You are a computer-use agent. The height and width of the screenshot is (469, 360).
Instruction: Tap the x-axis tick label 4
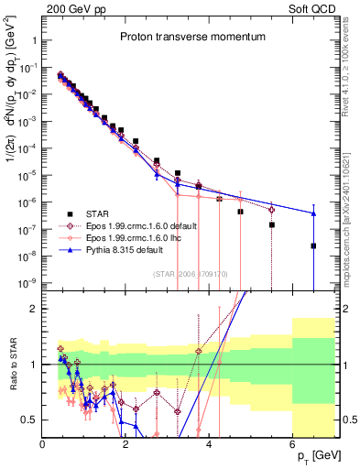(x=210, y=444)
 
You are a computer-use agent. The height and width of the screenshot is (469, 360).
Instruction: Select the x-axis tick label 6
(x=292, y=444)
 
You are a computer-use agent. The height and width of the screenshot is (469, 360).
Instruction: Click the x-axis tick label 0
(x=43, y=444)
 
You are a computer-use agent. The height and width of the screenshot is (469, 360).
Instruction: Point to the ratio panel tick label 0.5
(x=29, y=420)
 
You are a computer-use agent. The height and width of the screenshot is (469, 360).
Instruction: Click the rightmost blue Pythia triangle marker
(x=313, y=213)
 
